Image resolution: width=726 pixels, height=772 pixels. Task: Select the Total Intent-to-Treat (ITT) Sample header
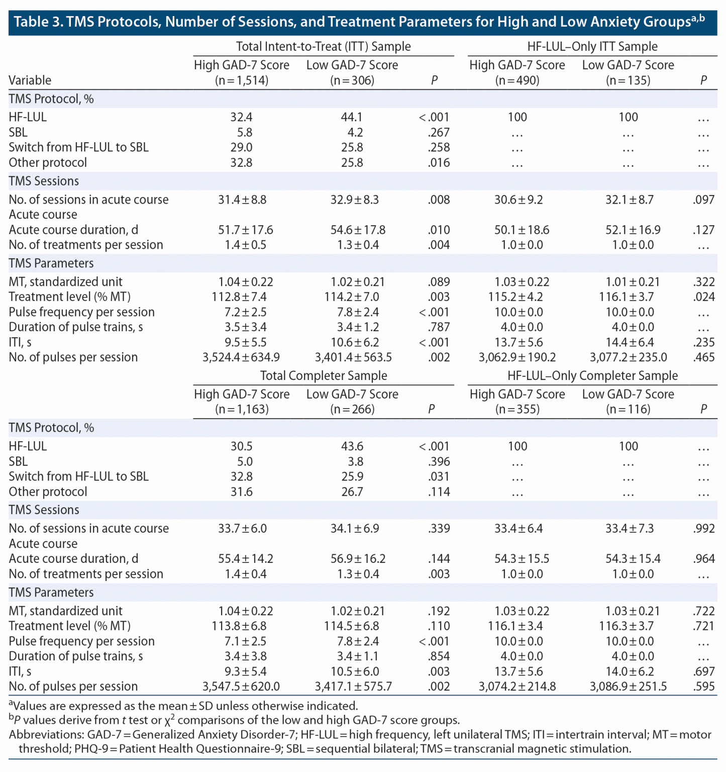323,47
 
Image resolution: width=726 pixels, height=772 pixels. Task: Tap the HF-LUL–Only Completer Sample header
592,375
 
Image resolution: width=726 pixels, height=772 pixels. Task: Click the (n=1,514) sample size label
242,80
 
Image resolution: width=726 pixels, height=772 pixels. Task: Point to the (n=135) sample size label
628,80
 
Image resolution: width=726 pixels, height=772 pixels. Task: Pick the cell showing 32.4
241,117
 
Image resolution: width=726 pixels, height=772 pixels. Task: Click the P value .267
439,132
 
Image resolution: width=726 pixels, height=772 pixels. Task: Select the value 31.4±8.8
242,200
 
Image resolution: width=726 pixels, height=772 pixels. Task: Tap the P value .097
703,200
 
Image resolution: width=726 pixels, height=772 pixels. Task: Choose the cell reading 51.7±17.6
246,230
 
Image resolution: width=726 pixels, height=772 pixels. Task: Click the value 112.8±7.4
239,297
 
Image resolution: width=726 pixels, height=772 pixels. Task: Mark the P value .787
439,327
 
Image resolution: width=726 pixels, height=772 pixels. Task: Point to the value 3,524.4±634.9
241,357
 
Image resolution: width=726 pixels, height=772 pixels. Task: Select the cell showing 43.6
352,446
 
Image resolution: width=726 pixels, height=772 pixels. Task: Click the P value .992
703,529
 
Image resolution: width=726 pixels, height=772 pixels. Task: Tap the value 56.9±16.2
358,559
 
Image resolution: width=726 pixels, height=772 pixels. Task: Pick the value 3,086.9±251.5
628,687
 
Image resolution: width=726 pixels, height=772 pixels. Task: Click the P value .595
703,687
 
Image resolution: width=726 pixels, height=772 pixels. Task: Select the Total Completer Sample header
323,375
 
